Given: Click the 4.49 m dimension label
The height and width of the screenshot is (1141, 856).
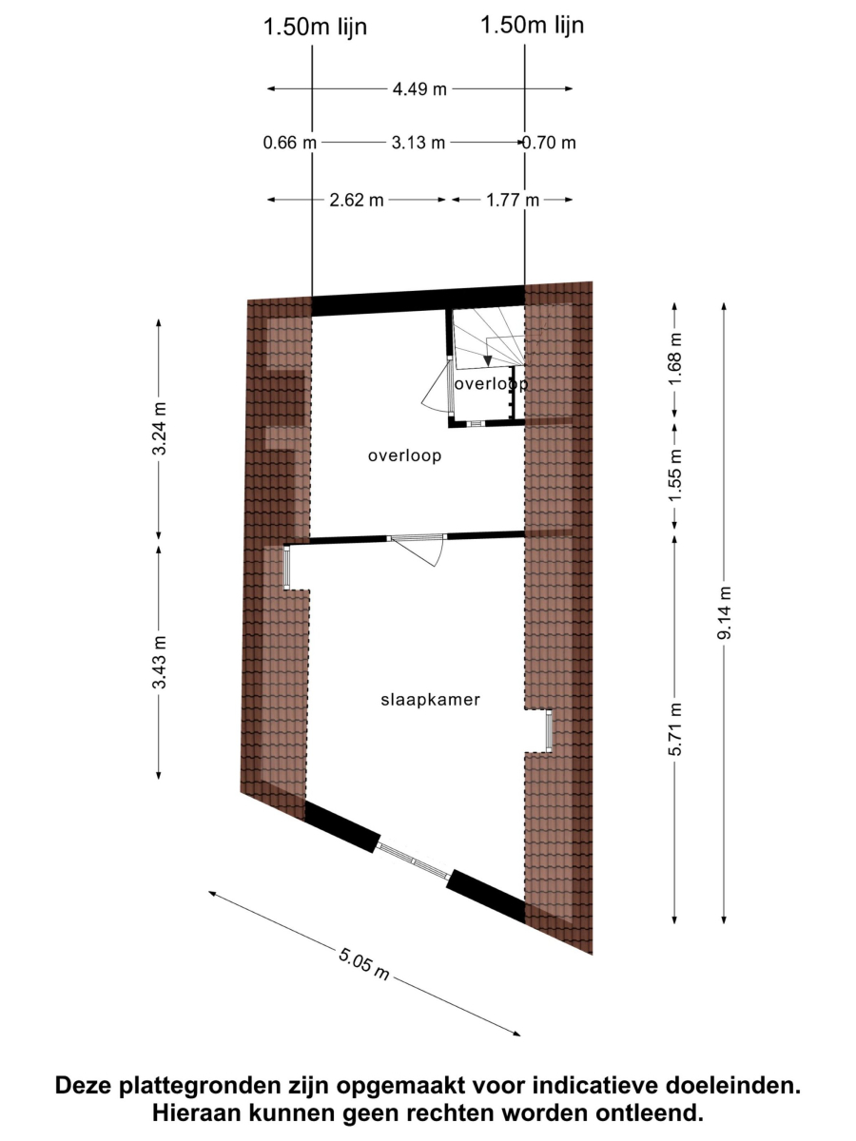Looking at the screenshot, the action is point(419,89).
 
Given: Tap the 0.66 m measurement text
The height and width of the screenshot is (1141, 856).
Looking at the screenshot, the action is point(289,143).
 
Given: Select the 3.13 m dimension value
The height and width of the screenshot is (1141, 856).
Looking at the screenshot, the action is point(418,143).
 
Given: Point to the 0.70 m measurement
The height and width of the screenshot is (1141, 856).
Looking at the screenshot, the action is point(550,143).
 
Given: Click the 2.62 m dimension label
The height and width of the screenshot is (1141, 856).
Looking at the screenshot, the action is point(357,200).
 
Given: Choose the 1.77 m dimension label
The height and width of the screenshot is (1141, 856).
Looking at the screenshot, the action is point(513,200).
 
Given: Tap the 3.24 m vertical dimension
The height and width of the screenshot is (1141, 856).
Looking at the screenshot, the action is point(159,428).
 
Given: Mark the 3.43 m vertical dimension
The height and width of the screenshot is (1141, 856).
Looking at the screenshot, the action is point(159,662).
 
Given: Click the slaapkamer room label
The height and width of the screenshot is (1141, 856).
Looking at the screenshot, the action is point(430,700).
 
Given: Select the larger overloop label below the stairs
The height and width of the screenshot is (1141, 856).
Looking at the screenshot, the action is point(405,455).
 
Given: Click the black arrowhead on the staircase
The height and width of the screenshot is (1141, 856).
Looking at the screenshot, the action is point(487,359).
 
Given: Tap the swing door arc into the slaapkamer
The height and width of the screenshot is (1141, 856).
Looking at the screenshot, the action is point(439,553).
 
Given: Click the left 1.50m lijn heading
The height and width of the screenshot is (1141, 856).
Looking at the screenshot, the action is point(316,27).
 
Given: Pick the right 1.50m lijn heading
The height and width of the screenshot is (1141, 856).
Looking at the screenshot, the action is point(533,25).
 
